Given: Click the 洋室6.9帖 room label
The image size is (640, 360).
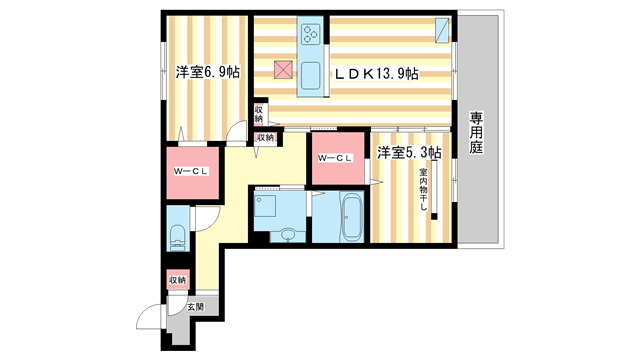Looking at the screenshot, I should click(208, 72).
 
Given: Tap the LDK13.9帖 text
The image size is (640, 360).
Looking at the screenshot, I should click(375, 73).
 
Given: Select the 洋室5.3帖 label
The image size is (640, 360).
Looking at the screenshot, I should click(409, 153).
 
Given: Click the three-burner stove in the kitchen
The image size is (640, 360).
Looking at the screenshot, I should click(310, 35).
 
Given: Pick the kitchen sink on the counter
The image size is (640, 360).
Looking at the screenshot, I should click(310, 75).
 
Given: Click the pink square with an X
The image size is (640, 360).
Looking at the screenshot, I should click(283, 69).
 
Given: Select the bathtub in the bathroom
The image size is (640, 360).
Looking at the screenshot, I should click(350, 215).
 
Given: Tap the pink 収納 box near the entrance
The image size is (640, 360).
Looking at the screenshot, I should click(178, 280).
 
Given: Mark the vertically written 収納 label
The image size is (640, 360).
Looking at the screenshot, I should click(258, 113).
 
